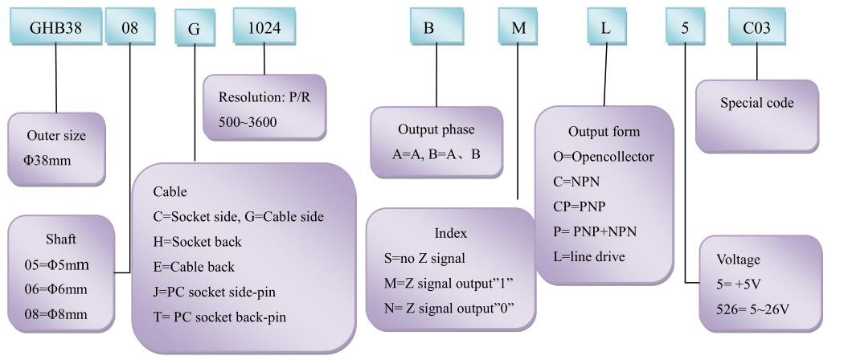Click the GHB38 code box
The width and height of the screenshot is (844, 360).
click(x=56, y=26)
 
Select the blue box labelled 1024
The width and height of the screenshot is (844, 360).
click(x=264, y=26)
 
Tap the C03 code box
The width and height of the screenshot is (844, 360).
click(x=757, y=26)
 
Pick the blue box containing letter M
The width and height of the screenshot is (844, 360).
click(x=518, y=26)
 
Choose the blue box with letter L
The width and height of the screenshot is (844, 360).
click(x=606, y=26)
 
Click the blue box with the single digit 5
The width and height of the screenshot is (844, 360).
click(x=685, y=26)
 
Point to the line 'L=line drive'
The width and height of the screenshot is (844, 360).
click(x=589, y=256)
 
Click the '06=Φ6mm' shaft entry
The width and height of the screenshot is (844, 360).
click(x=56, y=289)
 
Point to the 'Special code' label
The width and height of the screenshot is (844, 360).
click(x=757, y=103)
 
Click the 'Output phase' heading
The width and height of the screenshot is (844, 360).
click(x=436, y=129)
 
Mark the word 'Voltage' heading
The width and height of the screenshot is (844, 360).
click(x=738, y=260)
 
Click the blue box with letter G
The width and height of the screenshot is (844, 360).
click(x=194, y=28)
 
